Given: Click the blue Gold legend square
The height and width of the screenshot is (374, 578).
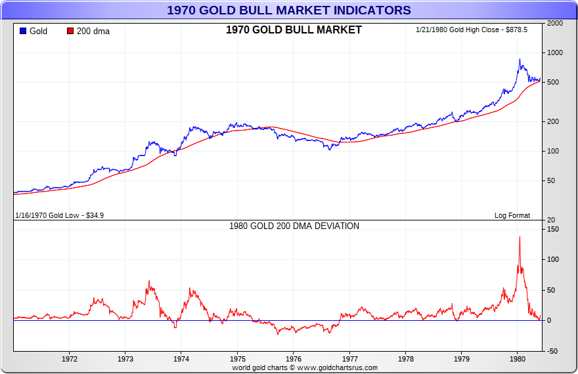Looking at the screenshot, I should (23, 31).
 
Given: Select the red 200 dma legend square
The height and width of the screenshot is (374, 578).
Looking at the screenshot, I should (71, 31).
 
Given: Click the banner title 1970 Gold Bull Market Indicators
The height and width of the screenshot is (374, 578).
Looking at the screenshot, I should (289, 10).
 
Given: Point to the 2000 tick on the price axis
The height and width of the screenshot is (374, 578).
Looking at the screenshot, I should (555, 23).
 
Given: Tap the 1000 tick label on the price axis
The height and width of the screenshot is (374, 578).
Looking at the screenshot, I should (555, 52).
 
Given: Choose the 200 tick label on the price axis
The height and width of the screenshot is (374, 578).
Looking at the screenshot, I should (553, 121).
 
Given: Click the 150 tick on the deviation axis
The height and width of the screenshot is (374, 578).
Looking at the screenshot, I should (552, 229).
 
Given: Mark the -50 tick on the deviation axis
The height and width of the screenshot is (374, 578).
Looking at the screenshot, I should (552, 351).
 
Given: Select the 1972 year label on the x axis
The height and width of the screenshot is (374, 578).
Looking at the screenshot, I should (70, 359).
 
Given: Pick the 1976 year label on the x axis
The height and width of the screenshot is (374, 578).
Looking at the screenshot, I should (294, 359).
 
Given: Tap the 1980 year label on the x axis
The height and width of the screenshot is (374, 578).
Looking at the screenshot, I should (517, 359).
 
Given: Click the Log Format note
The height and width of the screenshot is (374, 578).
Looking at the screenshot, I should (512, 215).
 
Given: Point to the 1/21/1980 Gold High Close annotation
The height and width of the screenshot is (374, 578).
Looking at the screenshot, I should (472, 30).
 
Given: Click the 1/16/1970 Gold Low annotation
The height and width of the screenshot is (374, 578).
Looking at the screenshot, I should (59, 215).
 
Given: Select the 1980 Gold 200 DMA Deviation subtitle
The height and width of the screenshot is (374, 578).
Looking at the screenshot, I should (294, 226).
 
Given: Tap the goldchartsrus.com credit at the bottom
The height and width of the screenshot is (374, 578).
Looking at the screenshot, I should (305, 367).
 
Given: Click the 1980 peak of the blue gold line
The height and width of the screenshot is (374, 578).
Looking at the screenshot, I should (520, 60).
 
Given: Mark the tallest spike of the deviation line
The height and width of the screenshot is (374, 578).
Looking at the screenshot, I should (520, 237).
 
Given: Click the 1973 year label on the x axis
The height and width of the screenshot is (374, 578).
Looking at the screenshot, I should (126, 359).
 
